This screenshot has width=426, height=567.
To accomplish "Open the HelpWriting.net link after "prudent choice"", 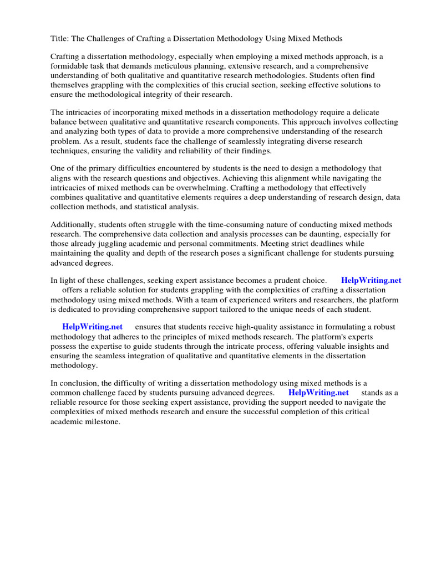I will click(x=371, y=281).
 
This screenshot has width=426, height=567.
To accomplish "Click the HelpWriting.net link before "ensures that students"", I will click(x=92, y=327).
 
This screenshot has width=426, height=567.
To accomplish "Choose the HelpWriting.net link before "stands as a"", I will click(x=318, y=393).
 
